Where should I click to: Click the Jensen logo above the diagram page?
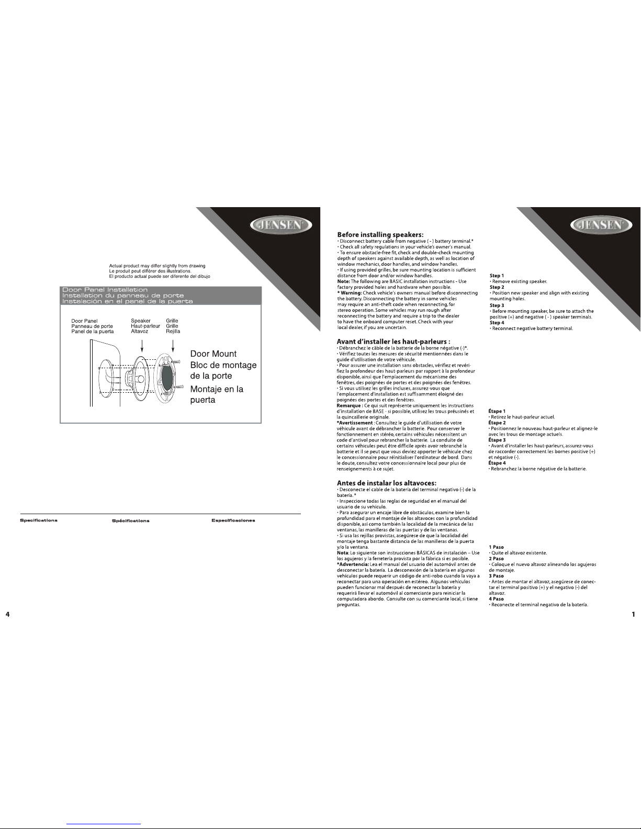(281, 225)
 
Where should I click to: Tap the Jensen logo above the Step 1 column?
(601, 225)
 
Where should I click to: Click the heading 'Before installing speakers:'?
(380, 235)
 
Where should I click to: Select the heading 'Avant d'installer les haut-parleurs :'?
(393, 342)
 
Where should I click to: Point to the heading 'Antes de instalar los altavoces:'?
(387, 483)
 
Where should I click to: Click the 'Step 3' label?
(497, 305)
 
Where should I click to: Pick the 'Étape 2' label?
(497, 423)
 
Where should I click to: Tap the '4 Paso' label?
(497, 599)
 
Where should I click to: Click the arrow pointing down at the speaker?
(142, 346)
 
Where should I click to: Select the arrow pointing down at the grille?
(173, 346)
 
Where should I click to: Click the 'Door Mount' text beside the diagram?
(213, 354)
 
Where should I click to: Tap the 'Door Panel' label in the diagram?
(84, 321)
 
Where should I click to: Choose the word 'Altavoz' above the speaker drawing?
(139, 331)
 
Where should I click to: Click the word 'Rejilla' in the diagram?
(173, 331)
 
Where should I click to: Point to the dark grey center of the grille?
(167, 376)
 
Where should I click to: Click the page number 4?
(8, 614)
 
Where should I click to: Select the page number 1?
(633, 614)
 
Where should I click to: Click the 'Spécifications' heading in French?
(130, 521)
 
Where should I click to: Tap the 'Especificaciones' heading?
(233, 520)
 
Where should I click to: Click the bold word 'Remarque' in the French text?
(349, 405)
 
